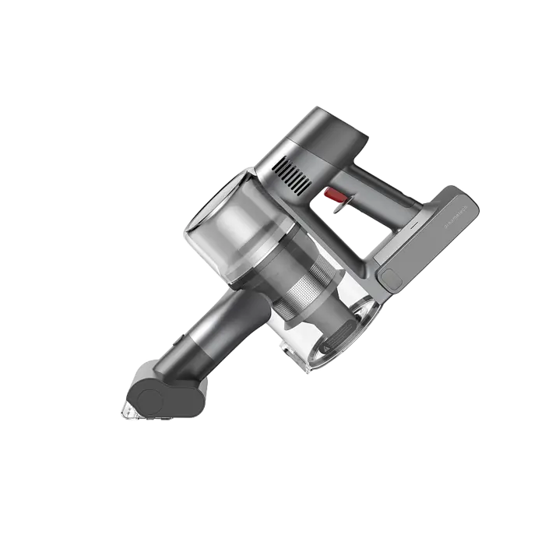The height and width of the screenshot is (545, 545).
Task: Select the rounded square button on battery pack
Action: click(x=389, y=276)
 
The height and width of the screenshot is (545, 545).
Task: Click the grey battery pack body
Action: click(x=428, y=241)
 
